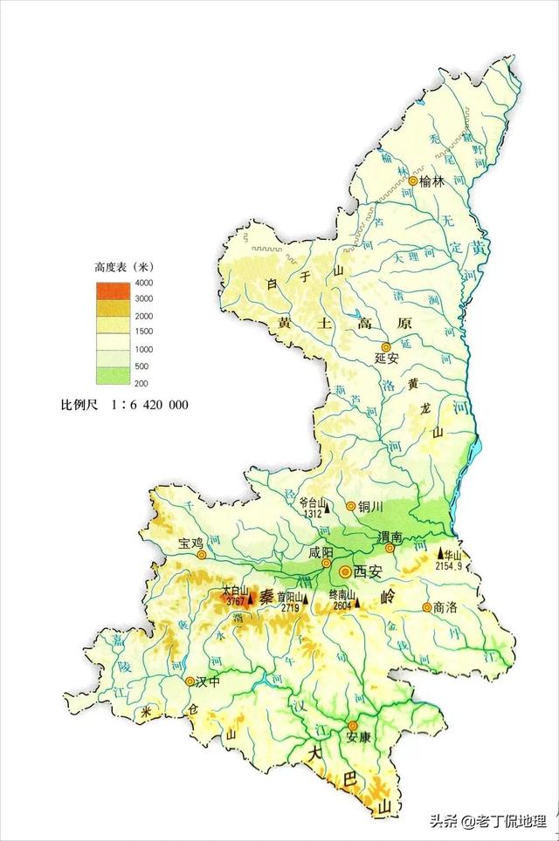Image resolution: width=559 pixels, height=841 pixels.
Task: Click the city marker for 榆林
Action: point(413,181)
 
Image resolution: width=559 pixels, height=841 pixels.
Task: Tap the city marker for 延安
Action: point(385,347)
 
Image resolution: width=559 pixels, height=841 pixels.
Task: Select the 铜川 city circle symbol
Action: point(351,506)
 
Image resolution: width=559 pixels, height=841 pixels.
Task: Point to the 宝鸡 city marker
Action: point(202,554)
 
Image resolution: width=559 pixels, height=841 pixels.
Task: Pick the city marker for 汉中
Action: point(187,681)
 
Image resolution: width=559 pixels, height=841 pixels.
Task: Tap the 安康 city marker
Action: point(353,726)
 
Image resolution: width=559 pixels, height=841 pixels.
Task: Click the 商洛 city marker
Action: point(426,607)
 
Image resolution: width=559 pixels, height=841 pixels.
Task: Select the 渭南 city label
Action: point(390,537)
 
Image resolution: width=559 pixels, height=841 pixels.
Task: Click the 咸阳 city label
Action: point(321,552)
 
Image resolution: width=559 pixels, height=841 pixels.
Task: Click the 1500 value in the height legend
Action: point(143,332)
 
